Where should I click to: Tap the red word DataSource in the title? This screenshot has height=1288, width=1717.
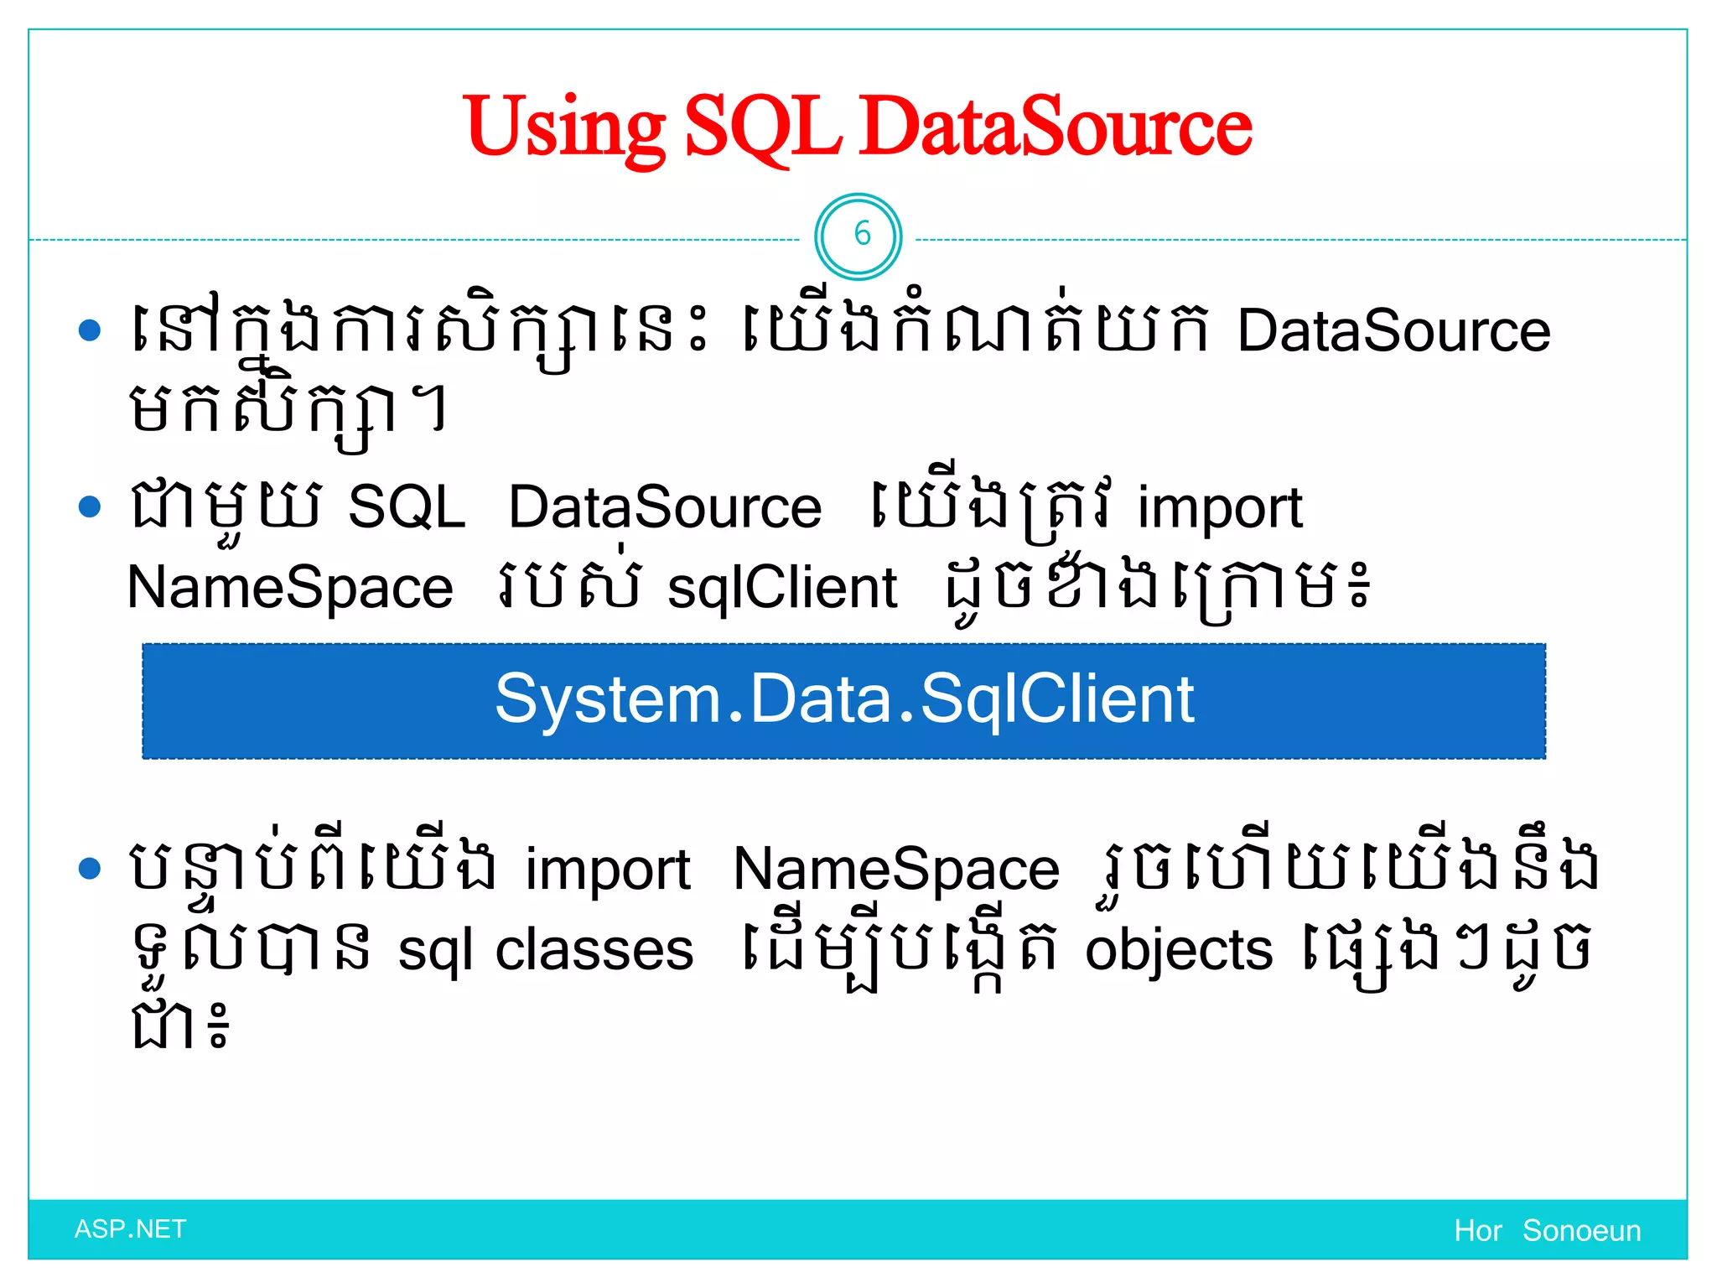[1056, 127]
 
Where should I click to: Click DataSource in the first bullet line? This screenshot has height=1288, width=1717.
[1393, 331]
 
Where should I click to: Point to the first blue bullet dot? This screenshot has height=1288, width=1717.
[89, 330]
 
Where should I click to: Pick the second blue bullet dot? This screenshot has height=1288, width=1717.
[89, 506]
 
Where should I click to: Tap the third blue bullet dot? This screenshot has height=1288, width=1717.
[89, 868]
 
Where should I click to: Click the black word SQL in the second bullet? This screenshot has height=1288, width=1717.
[407, 507]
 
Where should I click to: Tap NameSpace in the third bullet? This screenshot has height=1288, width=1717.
[895, 870]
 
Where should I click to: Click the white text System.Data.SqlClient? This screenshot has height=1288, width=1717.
[844, 699]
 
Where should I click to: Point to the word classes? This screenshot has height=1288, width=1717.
[594, 950]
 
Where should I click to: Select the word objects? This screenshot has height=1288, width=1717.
[1179, 950]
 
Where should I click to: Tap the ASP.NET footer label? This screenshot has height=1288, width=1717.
[130, 1229]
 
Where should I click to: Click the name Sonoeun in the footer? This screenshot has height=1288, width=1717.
[1581, 1231]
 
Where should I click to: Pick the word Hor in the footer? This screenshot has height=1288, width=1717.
[1478, 1231]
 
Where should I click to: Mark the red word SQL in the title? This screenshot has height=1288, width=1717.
[763, 127]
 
